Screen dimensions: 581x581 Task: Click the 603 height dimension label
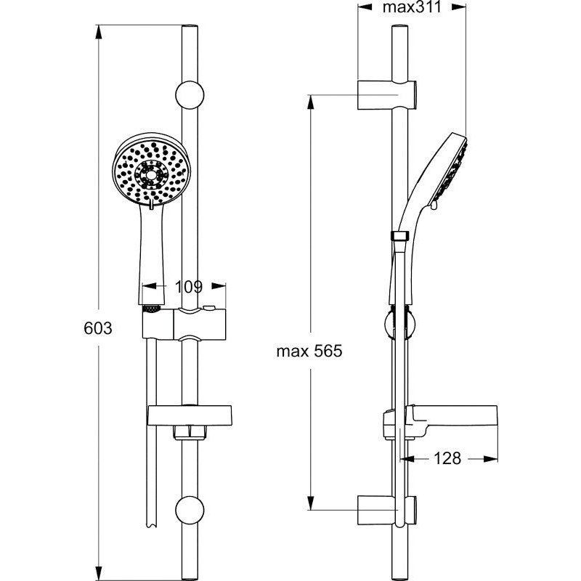pyautogui.click(x=98, y=328)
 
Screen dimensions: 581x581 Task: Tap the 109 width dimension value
pyautogui.click(x=189, y=286)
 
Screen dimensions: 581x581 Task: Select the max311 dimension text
pyautogui.click(x=412, y=7)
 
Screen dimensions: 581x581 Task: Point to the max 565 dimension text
pyautogui.click(x=309, y=351)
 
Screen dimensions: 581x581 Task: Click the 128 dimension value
pyautogui.click(x=447, y=458)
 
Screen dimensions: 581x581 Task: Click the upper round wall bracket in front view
pyautogui.click(x=190, y=95)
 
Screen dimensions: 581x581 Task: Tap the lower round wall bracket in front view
pyautogui.click(x=190, y=511)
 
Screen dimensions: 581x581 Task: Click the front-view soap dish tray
pyautogui.click(x=190, y=415)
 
